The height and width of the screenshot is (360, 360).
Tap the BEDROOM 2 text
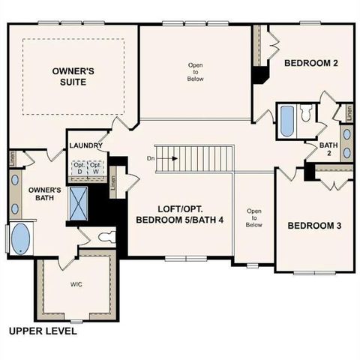pos(310,64)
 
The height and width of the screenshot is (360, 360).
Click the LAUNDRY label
pos(85,145)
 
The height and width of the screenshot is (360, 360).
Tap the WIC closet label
pos(76,284)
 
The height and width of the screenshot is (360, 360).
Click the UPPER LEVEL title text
pos(41,330)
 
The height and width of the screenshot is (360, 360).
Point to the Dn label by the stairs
pos(151,158)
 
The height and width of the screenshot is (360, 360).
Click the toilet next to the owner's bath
pos(106,238)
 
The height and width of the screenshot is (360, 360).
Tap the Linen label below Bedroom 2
pos(348,113)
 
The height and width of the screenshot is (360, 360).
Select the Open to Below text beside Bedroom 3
pos(253,217)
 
